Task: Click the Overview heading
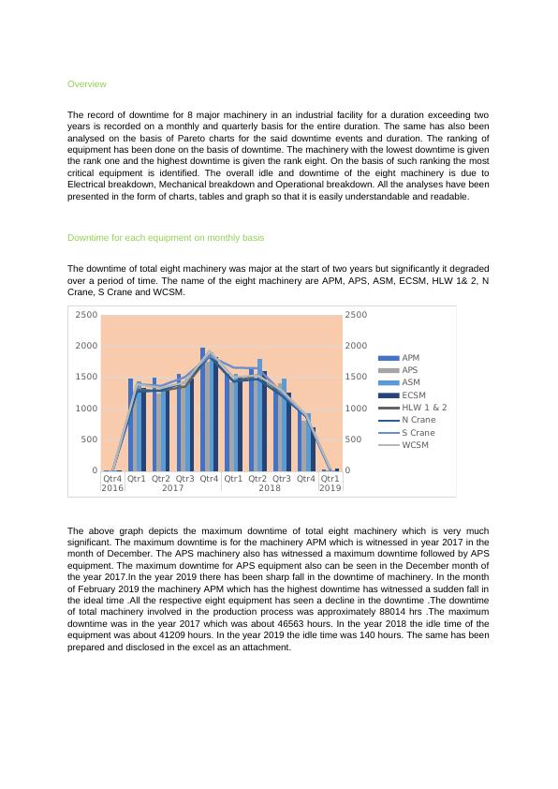[86, 84]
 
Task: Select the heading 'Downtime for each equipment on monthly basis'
[166, 238]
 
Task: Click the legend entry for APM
[410, 358]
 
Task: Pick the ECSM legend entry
[413, 395]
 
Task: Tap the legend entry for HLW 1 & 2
[423, 408]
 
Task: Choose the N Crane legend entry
[418, 420]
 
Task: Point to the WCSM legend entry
[415, 444]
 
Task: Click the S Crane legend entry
[418, 432]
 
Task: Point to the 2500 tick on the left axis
[86, 315]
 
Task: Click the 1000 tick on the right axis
[356, 409]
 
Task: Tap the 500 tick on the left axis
[88, 439]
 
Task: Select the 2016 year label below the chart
[112, 488]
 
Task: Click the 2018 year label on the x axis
[270, 488]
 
